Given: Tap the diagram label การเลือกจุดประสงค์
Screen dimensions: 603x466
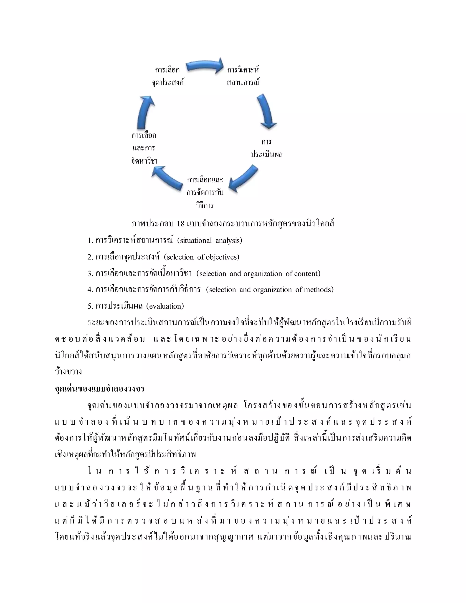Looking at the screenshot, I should [x=167, y=76].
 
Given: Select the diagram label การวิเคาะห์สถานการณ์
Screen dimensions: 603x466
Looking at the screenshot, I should [x=243, y=76].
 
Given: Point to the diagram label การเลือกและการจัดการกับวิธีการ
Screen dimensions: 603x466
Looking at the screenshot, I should [x=205, y=193].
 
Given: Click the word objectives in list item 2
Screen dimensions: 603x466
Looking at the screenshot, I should [x=223, y=257].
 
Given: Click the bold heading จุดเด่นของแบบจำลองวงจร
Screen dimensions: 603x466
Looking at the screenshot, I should [x=100, y=389].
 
